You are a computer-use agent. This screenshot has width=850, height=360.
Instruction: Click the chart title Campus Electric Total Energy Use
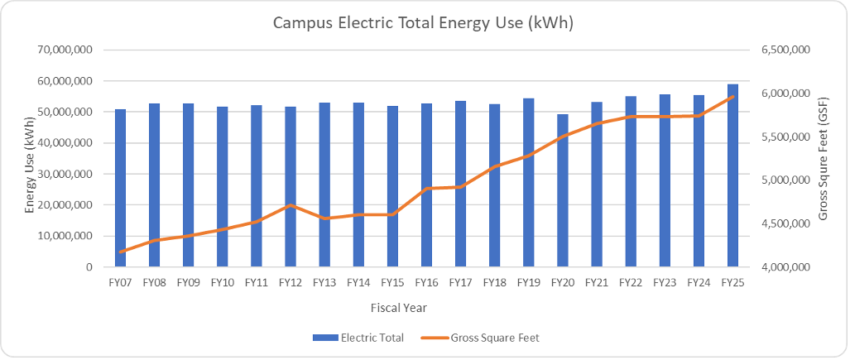[x=424, y=23]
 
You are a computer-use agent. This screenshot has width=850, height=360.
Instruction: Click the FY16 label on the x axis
[x=426, y=282]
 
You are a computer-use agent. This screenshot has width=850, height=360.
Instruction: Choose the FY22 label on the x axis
[x=631, y=282]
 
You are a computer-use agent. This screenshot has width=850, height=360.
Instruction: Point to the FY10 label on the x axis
[x=222, y=282]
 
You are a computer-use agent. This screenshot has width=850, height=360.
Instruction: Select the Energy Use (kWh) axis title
[x=30, y=158]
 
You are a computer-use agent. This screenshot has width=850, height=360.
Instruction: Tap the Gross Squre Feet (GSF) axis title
[x=824, y=158]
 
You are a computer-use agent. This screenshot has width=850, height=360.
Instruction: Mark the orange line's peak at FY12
[x=291, y=205]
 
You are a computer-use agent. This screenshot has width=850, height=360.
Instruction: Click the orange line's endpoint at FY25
[x=732, y=97]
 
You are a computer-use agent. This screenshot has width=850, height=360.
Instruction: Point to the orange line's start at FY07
[x=121, y=252]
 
